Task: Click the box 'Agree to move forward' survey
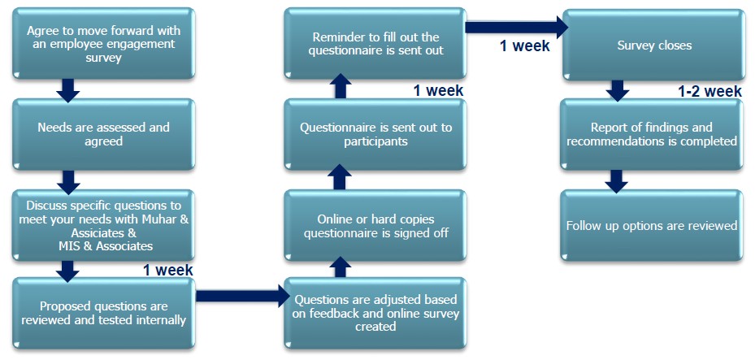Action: tap(103, 44)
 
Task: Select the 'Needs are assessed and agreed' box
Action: tap(103, 134)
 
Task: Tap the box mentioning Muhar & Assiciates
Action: tap(103, 223)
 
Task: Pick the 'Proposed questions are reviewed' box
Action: tap(103, 313)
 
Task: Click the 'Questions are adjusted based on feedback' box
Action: tap(375, 313)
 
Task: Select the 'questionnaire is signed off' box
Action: tap(375, 225)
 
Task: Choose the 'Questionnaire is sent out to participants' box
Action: tap(375, 134)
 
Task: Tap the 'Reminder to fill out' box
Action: tap(375, 44)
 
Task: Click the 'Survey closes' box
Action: tap(653, 45)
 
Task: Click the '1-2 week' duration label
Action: tap(709, 92)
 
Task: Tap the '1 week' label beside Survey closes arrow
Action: tap(524, 46)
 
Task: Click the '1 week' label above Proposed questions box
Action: tap(167, 270)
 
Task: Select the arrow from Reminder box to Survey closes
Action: tap(512, 28)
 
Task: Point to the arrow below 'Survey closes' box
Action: tap(618, 89)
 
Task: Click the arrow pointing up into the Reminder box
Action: tap(341, 86)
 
